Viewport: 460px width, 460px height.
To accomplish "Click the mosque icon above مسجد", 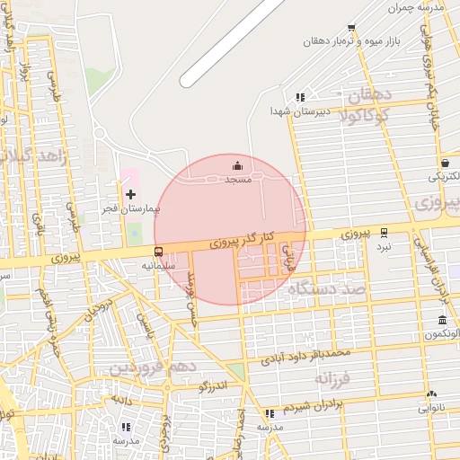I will pos(237,165).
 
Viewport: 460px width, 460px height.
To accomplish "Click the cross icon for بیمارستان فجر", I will pos(131,194).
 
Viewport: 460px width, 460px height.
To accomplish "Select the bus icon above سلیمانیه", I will pos(159,252).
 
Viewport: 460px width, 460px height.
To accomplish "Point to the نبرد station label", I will pos(384,245).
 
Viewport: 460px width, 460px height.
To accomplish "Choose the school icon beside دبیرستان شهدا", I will pos(300,97).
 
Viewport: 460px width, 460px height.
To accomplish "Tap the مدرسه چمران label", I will pos(418,7).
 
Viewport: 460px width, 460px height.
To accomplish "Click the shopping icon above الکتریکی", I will pos(446,163).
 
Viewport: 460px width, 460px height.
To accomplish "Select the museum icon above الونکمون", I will pos(443,321).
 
